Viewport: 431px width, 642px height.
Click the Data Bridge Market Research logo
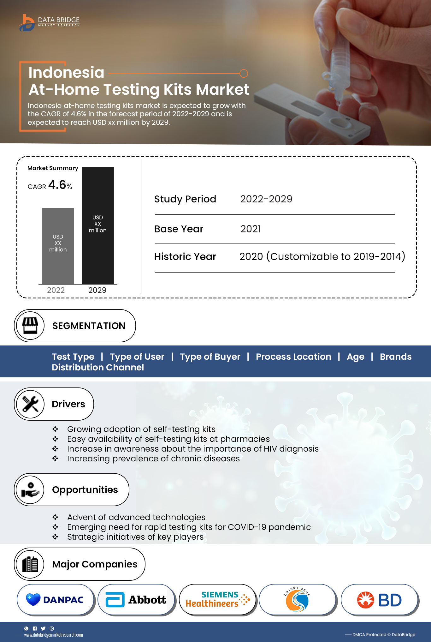click(49, 22)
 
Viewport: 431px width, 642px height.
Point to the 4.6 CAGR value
click(57, 185)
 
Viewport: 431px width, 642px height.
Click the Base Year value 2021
click(251, 229)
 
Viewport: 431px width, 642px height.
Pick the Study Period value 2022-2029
click(266, 199)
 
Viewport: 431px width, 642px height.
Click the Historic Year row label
click(185, 257)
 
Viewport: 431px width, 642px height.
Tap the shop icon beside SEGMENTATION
click(30, 326)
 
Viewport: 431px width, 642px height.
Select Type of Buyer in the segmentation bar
click(210, 357)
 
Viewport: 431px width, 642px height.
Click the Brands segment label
click(395, 357)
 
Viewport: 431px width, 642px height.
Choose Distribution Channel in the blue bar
click(98, 367)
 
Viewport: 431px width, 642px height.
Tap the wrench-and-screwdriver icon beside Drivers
click(30, 404)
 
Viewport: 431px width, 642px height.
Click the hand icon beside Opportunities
click(30, 490)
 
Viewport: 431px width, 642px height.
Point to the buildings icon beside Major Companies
click(30, 564)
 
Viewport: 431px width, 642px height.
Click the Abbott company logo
click(136, 600)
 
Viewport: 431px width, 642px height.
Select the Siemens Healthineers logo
click(217, 599)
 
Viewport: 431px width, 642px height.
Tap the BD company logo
click(379, 600)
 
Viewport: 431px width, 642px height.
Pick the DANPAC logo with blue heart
click(55, 600)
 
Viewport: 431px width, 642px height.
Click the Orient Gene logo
click(297, 600)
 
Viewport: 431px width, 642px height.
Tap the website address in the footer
click(53, 635)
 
